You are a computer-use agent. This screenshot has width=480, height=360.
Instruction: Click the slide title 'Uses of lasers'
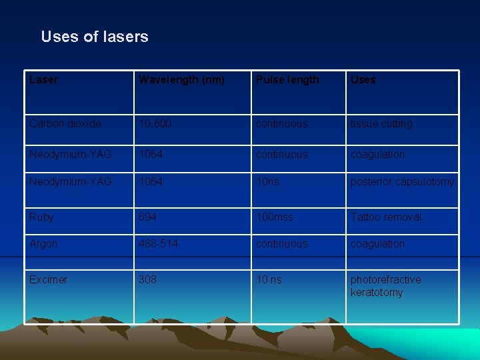[x=95, y=37]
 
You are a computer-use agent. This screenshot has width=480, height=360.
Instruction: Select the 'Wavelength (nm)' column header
[x=181, y=80]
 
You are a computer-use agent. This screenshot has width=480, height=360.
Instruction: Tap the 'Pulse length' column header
[x=287, y=80]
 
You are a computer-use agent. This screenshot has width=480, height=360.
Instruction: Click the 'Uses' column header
[x=363, y=80]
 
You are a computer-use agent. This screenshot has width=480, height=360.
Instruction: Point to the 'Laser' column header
[x=43, y=80]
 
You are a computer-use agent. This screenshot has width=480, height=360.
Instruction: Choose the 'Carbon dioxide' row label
[x=65, y=124]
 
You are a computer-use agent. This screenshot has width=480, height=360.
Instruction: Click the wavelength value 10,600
[x=155, y=124]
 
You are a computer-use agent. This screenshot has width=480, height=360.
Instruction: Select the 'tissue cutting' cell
[x=381, y=124]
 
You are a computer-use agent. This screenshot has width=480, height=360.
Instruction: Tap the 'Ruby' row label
[x=41, y=217]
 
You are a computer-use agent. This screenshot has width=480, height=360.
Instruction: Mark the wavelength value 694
[x=147, y=217]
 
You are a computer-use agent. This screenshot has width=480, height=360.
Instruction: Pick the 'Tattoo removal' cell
[x=386, y=217]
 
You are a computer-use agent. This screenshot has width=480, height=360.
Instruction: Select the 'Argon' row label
[x=43, y=244]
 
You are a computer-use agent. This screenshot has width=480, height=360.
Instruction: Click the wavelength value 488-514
[x=158, y=244]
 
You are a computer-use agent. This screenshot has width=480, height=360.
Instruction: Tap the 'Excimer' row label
[x=48, y=280]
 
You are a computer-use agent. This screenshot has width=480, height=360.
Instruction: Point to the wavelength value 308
[x=147, y=280]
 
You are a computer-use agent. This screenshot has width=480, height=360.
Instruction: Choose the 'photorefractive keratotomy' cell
[x=385, y=286]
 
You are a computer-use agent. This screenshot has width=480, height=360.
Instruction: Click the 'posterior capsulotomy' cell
[x=402, y=182]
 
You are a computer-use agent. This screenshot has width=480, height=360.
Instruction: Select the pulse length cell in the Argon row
[x=282, y=244]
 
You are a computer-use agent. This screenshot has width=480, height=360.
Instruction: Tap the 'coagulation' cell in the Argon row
[x=377, y=244]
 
